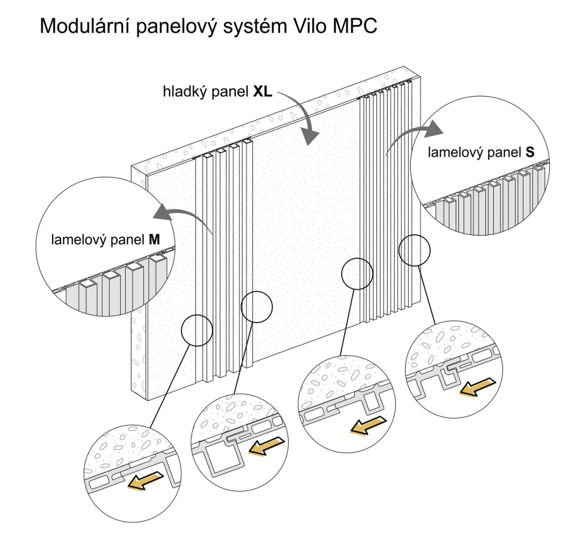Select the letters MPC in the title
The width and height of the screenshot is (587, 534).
click(354, 26)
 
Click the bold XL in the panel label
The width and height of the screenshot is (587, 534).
click(263, 91)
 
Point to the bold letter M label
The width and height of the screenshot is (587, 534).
click(154, 239)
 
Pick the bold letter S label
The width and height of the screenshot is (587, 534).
click(530, 152)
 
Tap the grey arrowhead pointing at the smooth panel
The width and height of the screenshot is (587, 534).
click(310, 137)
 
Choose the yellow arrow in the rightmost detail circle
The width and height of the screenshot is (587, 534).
click(478, 387)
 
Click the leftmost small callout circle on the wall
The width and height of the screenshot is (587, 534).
click(197, 330)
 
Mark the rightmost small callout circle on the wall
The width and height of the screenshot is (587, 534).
click(415, 250)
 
